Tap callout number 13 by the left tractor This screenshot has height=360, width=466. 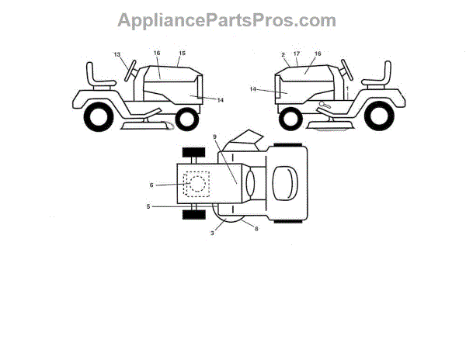point(117,54)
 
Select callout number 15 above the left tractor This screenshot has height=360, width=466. point(183,54)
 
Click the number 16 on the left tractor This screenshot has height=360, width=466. point(157,54)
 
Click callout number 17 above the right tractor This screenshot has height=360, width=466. point(297,54)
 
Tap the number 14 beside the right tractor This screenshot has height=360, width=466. point(253,89)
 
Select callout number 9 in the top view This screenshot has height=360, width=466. point(216,137)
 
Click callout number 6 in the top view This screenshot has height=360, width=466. point(152,184)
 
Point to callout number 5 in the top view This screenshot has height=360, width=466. point(148,206)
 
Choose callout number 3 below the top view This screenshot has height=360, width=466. point(213,233)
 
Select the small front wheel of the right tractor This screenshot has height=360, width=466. point(290,119)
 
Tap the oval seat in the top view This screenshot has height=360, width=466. point(285,183)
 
